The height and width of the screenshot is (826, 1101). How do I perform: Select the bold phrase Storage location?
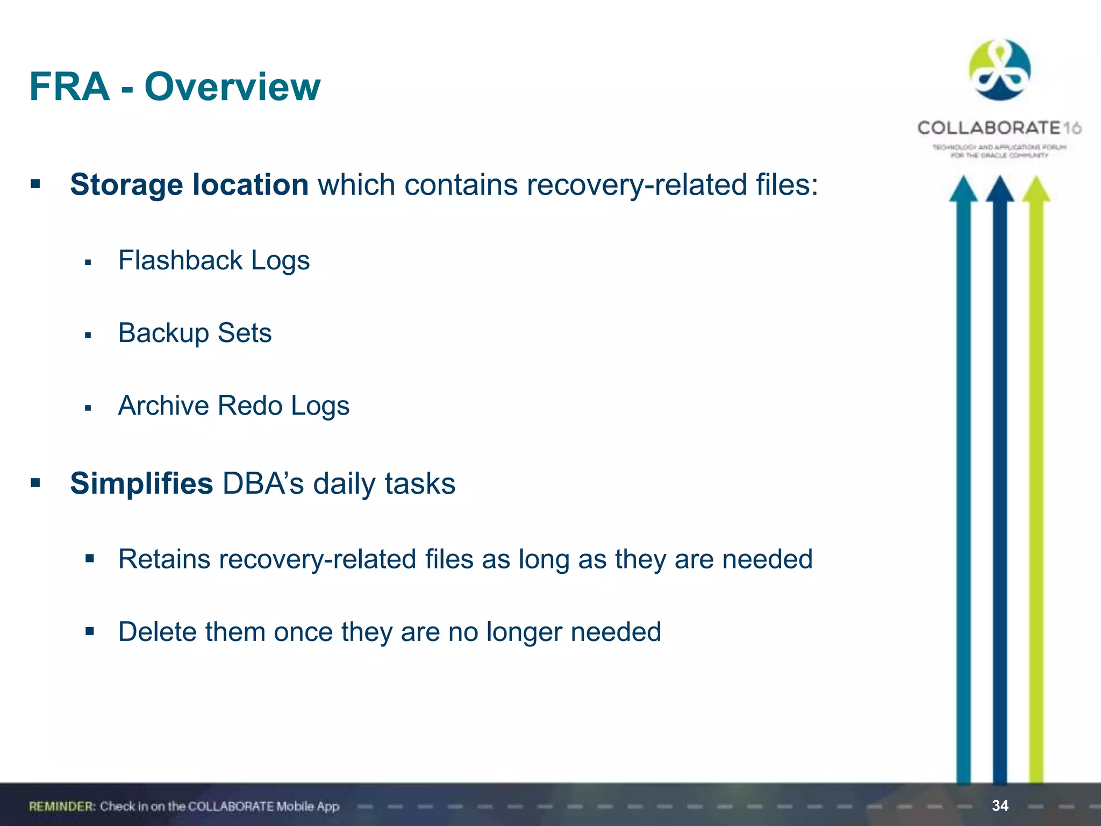pyautogui.click(x=189, y=184)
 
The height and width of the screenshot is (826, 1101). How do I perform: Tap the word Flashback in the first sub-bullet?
pyautogui.click(x=180, y=260)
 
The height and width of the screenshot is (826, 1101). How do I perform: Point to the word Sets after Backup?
pyautogui.click(x=245, y=333)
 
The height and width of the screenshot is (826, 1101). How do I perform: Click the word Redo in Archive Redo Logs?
pyautogui.click(x=250, y=405)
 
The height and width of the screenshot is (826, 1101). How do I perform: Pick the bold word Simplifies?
pyautogui.click(x=141, y=483)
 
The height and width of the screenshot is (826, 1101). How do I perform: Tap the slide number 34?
pyautogui.click(x=1000, y=806)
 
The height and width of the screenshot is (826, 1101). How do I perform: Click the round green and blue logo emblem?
pyautogui.click(x=999, y=70)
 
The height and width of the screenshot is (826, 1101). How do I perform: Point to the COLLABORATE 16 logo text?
pyautogui.click(x=999, y=128)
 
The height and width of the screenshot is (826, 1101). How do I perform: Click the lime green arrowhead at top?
pyautogui.click(x=1036, y=189)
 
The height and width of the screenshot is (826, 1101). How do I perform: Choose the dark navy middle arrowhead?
pyautogui.click(x=1000, y=189)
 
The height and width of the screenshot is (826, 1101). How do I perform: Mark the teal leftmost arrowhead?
pyautogui.click(x=963, y=189)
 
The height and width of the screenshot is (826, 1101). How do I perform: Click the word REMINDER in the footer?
pyautogui.click(x=62, y=807)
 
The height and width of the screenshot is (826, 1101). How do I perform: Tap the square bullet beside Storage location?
pyautogui.click(x=35, y=184)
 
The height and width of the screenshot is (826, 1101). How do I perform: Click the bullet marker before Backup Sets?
pyautogui.click(x=88, y=336)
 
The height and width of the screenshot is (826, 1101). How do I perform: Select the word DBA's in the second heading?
pyautogui.click(x=263, y=483)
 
